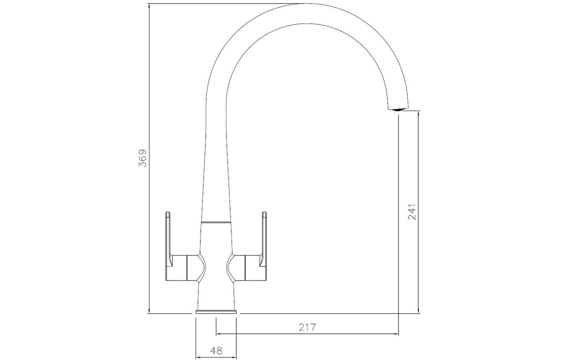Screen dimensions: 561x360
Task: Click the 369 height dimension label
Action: click(x=143, y=158)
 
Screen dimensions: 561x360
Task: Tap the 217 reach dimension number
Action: click(x=307, y=327)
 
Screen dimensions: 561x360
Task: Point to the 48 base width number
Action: click(x=216, y=350)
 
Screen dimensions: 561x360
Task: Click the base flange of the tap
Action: click(x=216, y=312)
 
